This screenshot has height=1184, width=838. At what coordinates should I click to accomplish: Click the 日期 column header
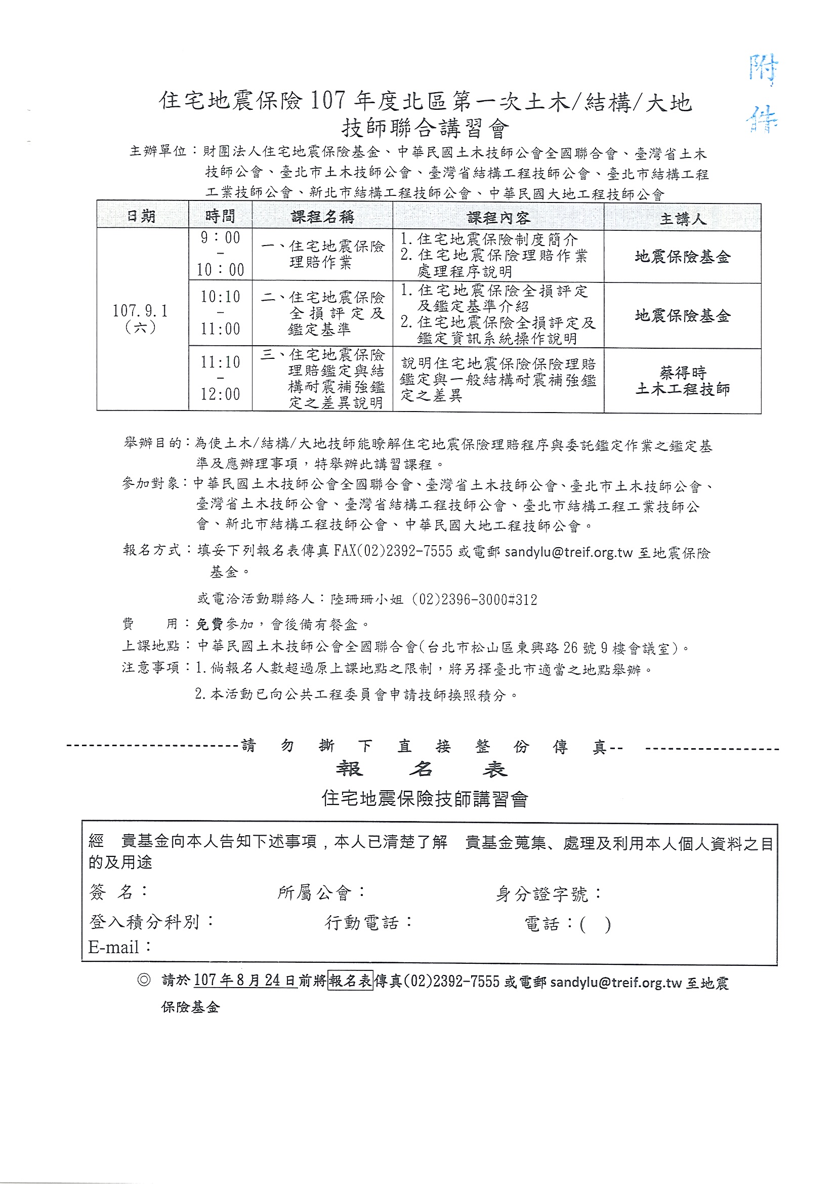click(141, 216)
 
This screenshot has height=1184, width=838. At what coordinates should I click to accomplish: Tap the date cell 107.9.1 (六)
click(140, 318)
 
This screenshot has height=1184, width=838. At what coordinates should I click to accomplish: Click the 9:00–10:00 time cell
click(220, 254)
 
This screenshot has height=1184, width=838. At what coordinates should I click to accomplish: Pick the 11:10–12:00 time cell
click(220, 378)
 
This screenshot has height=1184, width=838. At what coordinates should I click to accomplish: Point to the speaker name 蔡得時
click(683, 372)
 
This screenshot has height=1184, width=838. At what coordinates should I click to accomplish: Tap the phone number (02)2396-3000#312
click(478, 599)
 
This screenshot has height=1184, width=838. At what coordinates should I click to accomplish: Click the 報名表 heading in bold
click(422, 769)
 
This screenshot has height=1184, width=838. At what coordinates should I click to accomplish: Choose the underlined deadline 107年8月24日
click(244, 980)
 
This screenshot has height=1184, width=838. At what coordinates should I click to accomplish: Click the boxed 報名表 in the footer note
click(350, 980)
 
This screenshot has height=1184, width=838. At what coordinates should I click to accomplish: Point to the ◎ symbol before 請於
click(144, 979)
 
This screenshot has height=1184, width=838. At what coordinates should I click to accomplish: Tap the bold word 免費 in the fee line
click(209, 624)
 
